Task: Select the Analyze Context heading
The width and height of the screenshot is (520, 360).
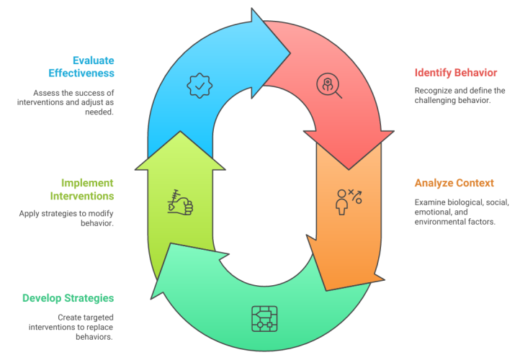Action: pyautogui.click(x=454, y=183)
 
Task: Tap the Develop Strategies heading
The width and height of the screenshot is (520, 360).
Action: pyautogui.click(x=68, y=298)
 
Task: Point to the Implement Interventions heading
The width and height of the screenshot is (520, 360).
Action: pyautogui.click(x=81, y=189)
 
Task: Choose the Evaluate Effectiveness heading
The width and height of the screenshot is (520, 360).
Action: pyautogui.click(x=81, y=66)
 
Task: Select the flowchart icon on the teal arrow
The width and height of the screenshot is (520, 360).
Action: pyautogui.click(x=264, y=318)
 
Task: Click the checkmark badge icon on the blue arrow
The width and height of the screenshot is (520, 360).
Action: pyautogui.click(x=200, y=86)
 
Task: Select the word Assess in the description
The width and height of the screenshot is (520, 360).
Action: pyautogui.click(x=45, y=93)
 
